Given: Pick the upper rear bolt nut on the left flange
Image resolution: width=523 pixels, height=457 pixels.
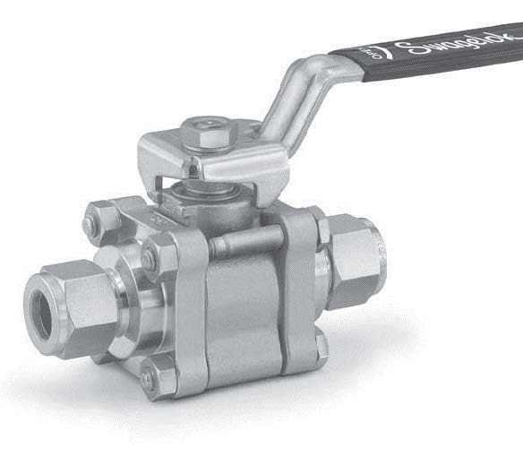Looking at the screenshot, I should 101,220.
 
